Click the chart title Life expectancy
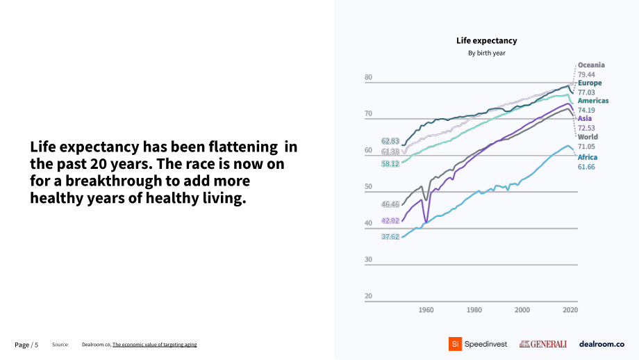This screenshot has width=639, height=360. click(x=487, y=41)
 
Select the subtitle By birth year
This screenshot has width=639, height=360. click(x=487, y=53)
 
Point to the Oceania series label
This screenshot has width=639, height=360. click(x=591, y=65)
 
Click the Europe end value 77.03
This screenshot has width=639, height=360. click(x=586, y=92)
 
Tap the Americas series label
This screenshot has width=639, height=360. click(x=593, y=101)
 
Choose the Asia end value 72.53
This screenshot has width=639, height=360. click(x=586, y=128)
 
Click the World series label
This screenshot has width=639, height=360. click(x=588, y=137)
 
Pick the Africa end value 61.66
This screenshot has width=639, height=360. click(x=586, y=167)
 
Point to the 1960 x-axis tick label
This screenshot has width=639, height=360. click(x=426, y=310)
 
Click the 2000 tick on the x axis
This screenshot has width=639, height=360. click(x=522, y=310)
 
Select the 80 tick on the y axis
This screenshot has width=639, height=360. click(x=368, y=77)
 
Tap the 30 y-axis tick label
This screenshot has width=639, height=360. click(x=368, y=259)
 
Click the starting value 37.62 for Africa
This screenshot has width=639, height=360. click(x=390, y=236)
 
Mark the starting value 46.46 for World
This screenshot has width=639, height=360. click(x=390, y=204)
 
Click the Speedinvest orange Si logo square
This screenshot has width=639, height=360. click(x=455, y=344)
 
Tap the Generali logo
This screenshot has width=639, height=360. click(x=543, y=344)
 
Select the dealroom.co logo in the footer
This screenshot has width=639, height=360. click(x=601, y=344)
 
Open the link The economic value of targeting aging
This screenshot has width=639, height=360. click(x=154, y=345)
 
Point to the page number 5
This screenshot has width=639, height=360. click(x=36, y=345)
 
